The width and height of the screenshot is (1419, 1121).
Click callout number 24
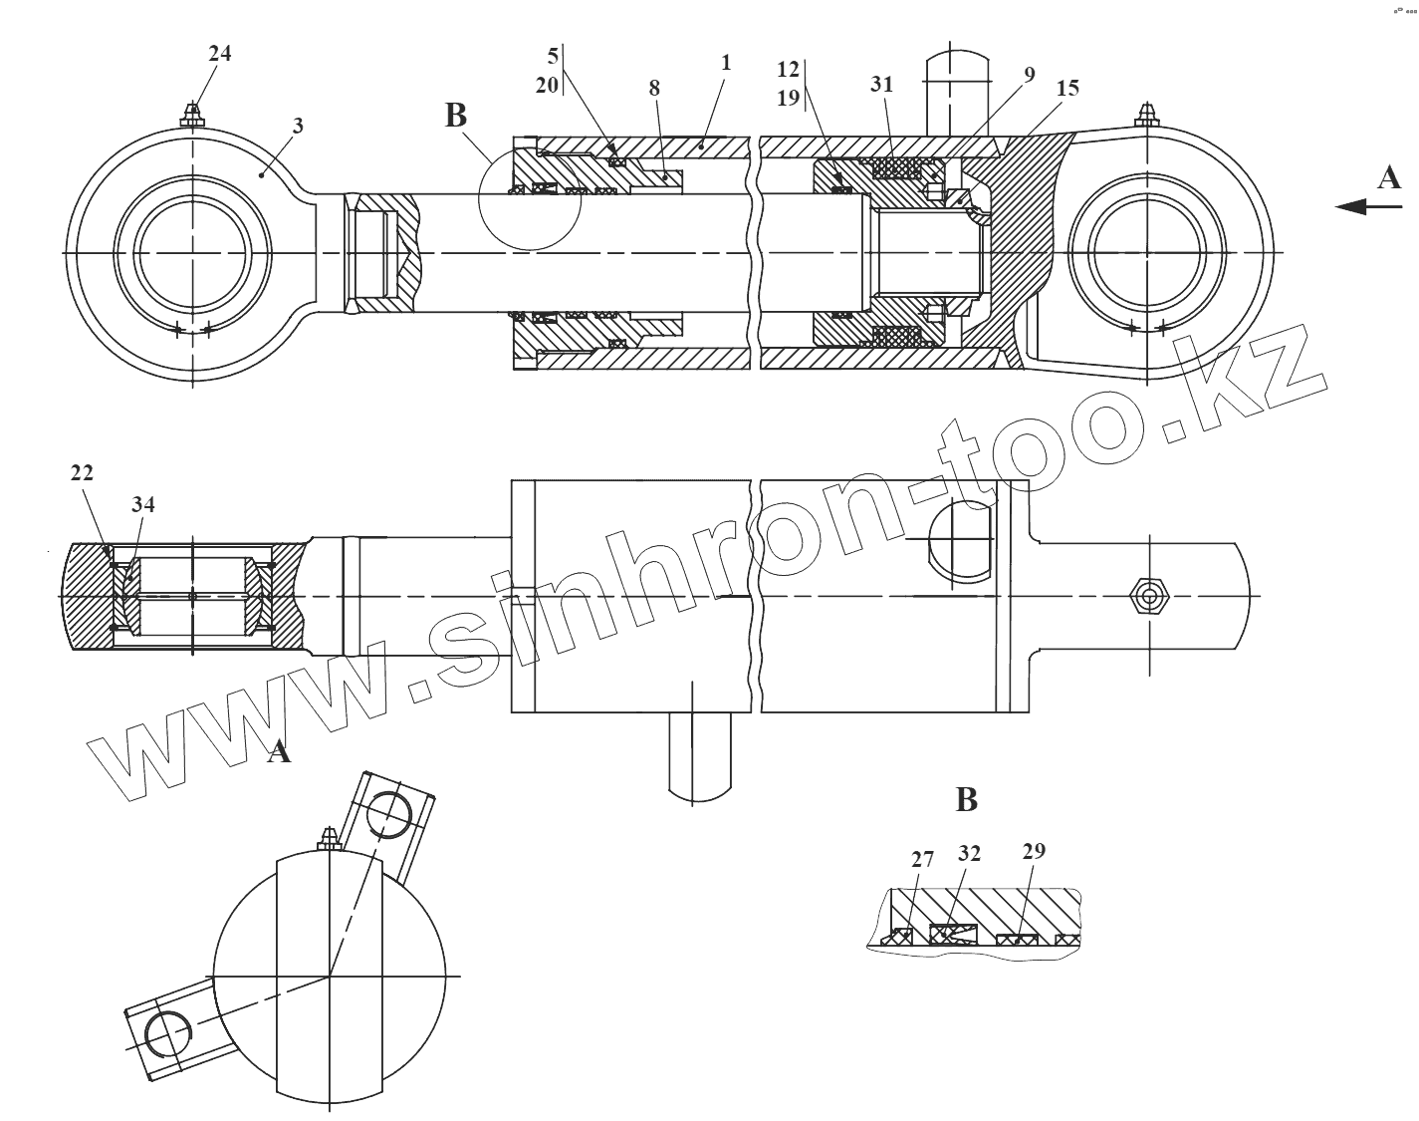pos(219,54)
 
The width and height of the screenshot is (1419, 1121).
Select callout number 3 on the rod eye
pos(298,127)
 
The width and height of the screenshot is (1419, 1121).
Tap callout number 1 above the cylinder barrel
pos(726,63)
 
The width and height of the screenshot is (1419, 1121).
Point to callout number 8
pos(654,88)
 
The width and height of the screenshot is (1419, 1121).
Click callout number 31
pos(882,85)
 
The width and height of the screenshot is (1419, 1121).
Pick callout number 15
pos(1067,88)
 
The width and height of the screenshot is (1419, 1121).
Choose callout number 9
pos(1029,75)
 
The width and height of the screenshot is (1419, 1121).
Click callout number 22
pos(82,473)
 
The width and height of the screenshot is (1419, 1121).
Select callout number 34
pos(143,505)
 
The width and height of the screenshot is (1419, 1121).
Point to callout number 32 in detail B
pos(969,853)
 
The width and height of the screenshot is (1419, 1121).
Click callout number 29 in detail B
pos(1034,851)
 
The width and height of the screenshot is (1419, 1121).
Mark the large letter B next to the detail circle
pos(455,116)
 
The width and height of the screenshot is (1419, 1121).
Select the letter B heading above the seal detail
pos(966,799)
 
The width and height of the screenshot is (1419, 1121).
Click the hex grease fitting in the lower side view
pos(1150,597)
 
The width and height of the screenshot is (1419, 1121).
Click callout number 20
pos(546,86)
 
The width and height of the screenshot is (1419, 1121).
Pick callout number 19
pos(788,98)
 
